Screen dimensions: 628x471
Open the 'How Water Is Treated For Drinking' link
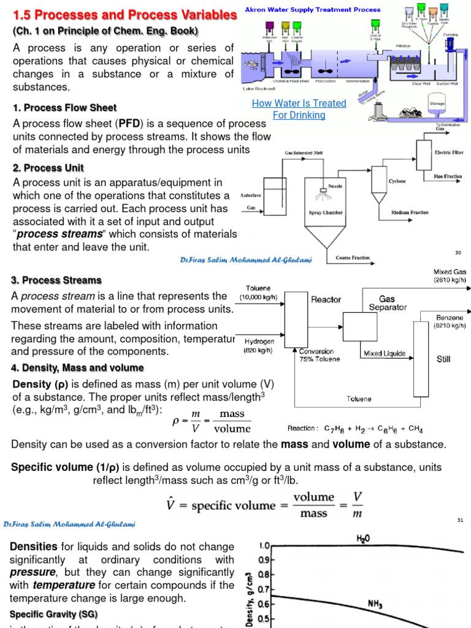point(299,109)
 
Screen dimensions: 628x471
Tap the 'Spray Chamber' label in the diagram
point(325,213)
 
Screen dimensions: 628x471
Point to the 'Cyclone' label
point(398,182)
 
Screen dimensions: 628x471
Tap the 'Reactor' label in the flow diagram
point(326,299)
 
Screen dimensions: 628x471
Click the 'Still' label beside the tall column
point(443,359)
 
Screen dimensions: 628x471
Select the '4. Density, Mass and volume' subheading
point(78,368)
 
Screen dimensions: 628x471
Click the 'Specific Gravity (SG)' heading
point(53,614)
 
